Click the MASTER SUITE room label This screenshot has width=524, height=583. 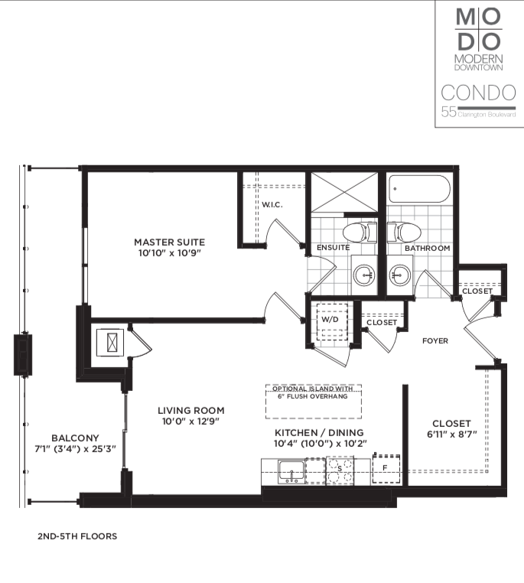click(x=170, y=242)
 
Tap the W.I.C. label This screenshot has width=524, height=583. click(x=272, y=204)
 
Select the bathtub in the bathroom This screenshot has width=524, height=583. click(x=419, y=188)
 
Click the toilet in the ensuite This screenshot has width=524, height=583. click(x=360, y=233)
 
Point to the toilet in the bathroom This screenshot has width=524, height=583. click(x=404, y=233)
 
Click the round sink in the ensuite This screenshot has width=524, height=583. click(x=364, y=275)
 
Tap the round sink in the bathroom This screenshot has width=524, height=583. click(x=400, y=275)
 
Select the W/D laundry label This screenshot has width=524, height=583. click(x=330, y=319)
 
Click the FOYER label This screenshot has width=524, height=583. click(x=435, y=340)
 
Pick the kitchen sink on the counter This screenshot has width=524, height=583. click(x=291, y=472)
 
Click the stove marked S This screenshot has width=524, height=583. click(x=340, y=471)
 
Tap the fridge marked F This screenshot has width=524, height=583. click(x=386, y=469)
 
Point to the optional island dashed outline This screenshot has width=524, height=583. click(x=314, y=402)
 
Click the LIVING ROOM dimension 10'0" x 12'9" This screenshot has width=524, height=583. click(x=190, y=422)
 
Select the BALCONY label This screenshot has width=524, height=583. click(x=75, y=438)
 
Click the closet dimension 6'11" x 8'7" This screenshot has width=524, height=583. click(x=452, y=434)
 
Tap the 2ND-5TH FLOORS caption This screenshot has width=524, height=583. click(x=77, y=536)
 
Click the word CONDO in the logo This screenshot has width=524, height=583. click(x=479, y=93)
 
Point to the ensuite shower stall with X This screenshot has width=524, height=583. click(x=344, y=192)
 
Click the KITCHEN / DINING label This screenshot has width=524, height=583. click(x=319, y=432)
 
